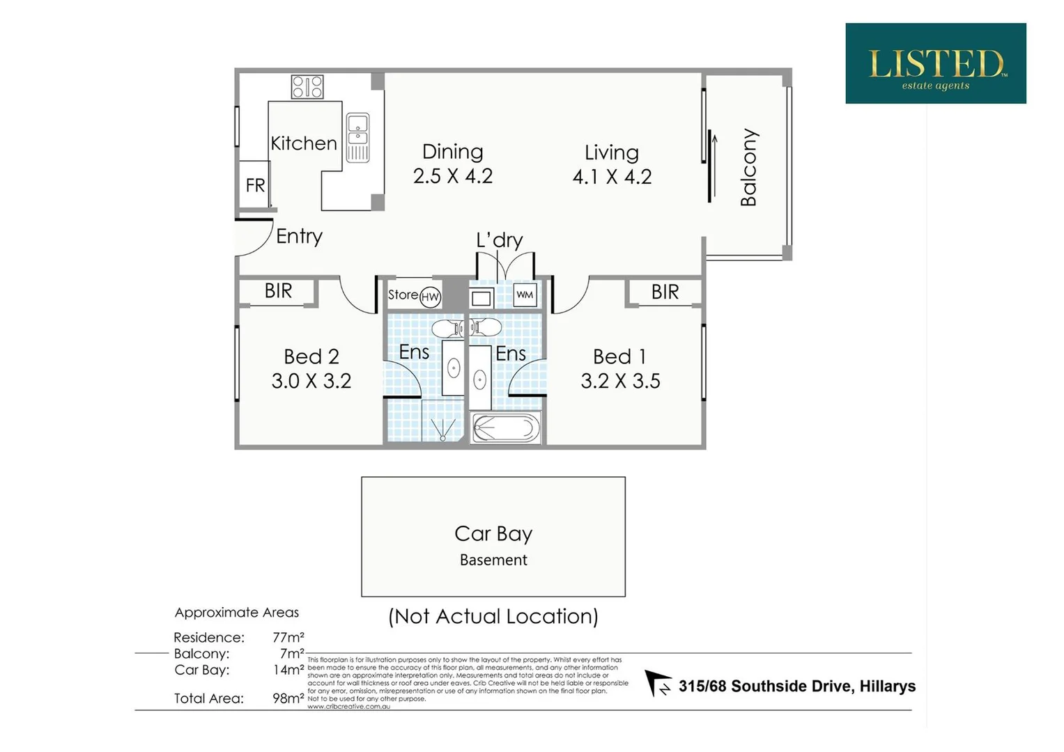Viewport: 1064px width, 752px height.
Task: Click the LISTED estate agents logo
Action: coord(935,63)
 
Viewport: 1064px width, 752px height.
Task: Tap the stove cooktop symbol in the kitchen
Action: coord(307,87)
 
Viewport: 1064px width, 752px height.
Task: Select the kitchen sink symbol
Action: coord(357,137)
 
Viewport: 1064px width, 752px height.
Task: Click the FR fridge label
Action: coord(255,185)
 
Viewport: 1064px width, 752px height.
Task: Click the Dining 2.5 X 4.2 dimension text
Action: coord(452,175)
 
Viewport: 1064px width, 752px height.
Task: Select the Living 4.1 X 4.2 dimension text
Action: coord(612,176)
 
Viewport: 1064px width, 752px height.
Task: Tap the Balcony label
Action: coord(748,167)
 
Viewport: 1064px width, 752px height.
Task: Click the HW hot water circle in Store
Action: coord(431,297)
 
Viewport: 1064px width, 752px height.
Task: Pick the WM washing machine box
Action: coord(525,295)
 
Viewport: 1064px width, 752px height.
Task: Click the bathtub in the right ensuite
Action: coord(506,428)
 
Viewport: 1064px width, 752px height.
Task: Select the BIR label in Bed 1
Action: coord(665,292)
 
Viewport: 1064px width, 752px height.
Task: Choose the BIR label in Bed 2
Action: coord(278,290)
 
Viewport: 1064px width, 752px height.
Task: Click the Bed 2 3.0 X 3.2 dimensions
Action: coord(311,381)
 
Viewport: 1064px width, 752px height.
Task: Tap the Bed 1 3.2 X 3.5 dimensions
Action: coord(620,381)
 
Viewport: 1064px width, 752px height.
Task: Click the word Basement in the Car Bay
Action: coord(493,560)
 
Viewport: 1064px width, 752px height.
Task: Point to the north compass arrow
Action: coord(656,682)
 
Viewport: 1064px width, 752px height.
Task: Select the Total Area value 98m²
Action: coord(288,698)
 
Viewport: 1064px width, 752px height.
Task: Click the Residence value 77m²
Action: coord(288,637)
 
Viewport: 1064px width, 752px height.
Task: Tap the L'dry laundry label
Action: coord(499,240)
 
